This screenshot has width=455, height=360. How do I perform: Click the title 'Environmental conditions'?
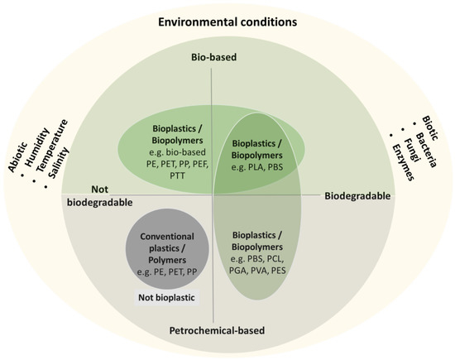point(228,21)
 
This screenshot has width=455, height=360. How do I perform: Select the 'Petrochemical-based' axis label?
point(217,331)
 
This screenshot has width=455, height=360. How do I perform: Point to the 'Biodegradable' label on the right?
point(354,199)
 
